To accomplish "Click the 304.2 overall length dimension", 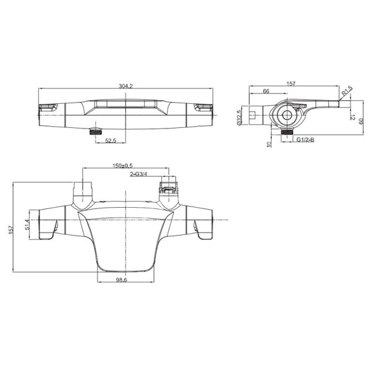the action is pos(126,86).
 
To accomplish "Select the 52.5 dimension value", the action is pos(111,140).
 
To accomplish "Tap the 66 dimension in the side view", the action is pos(266,91).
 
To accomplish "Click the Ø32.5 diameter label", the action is pos(239,117).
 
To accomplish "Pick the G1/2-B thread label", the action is pos(305,140).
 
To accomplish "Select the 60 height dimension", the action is pos(361,122).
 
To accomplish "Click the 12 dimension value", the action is pos(352,117).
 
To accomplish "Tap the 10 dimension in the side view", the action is pos(269,144).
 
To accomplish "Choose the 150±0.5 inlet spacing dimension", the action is pos(122,165).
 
